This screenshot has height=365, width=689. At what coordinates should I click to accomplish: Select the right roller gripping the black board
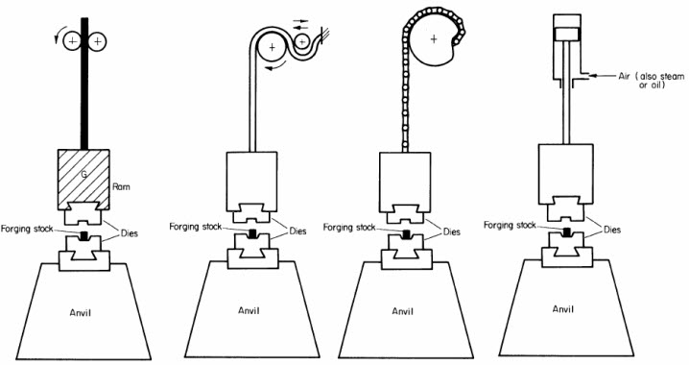(x=100, y=41)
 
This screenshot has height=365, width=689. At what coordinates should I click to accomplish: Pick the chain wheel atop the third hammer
(x=436, y=38)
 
